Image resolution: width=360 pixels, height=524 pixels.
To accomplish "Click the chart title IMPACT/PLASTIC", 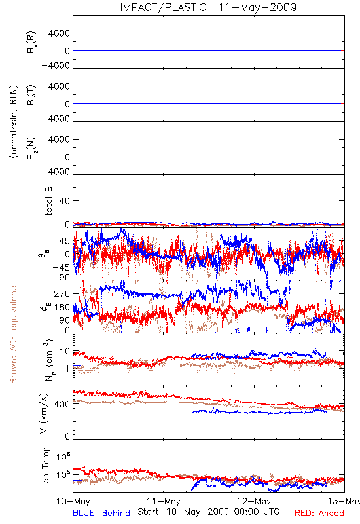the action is [163, 7].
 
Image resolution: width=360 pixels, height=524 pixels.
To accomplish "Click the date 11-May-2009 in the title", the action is [257, 7].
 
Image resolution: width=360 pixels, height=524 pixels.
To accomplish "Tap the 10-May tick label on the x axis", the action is [73, 501].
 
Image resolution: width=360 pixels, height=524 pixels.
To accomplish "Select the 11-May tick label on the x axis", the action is [164, 501].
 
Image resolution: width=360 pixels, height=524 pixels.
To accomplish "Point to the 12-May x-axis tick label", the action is [254, 501].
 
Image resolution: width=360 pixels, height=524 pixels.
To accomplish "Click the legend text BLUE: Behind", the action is [101, 513].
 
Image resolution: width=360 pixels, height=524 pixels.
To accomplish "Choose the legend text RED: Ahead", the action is [319, 513].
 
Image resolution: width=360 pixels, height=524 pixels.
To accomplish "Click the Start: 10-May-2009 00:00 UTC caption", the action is [208, 512].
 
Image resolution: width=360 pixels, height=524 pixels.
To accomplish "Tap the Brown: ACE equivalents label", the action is [13, 333].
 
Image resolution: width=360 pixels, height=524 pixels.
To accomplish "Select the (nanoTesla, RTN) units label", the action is [13, 122].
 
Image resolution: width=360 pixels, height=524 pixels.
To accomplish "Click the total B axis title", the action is [48, 201].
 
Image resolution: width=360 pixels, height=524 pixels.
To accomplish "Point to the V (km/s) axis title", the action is [44, 413].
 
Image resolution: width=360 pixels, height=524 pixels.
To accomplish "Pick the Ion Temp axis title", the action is [45, 466].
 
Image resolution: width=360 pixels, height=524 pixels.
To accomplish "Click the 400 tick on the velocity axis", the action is [62, 404].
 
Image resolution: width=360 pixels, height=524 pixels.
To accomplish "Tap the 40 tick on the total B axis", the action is [65, 201].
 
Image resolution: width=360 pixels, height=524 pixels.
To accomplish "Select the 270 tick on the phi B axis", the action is [62, 294].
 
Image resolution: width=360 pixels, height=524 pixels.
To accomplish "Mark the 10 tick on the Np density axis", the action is [65, 352].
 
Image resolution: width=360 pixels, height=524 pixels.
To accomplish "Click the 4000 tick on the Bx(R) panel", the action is [59, 33].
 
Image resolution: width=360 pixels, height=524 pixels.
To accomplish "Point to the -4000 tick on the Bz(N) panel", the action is [56, 172].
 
